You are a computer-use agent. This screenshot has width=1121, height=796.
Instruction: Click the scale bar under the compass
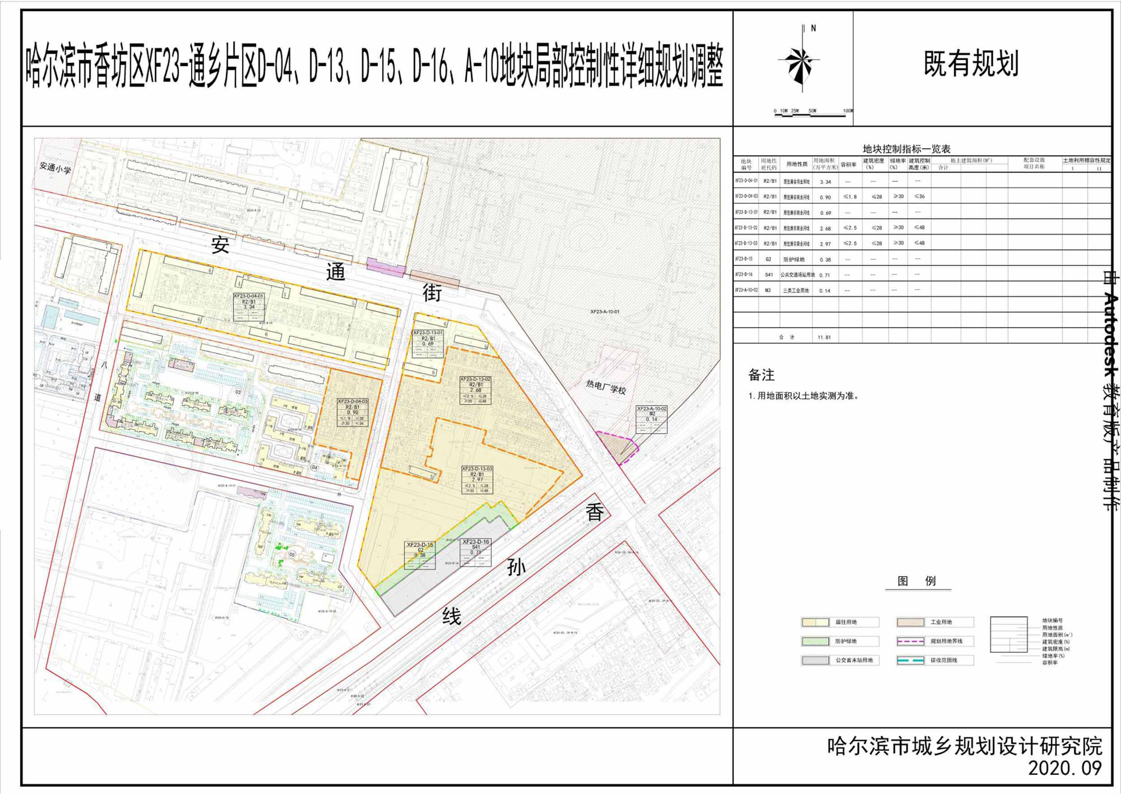click(813, 115)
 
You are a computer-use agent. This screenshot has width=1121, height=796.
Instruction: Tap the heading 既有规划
click(971, 64)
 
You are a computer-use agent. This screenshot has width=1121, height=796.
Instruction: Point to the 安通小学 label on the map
click(55, 168)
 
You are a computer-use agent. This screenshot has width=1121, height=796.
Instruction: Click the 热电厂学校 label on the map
click(606, 386)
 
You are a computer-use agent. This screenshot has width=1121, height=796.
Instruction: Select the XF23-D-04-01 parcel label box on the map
click(248, 307)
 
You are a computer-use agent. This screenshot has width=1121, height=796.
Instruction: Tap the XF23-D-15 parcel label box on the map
click(420, 555)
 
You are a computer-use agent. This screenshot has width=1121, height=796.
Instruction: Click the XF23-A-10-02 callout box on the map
click(651, 419)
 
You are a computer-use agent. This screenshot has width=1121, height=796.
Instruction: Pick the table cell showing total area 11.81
click(825, 337)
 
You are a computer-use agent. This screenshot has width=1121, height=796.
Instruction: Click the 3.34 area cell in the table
click(825, 182)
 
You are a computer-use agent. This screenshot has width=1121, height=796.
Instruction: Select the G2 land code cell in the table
click(768, 259)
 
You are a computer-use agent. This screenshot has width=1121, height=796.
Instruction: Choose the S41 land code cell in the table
click(769, 275)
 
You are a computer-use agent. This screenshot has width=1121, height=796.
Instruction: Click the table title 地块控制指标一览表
click(906, 149)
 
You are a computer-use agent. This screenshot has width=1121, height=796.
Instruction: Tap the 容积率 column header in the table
click(848, 165)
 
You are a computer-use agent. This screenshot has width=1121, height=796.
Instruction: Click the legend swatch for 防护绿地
click(815, 641)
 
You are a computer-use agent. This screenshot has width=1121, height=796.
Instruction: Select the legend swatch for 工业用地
click(910, 622)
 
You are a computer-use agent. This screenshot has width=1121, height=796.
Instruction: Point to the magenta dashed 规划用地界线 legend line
click(910, 641)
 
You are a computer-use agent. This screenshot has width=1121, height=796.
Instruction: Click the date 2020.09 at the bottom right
click(1064, 768)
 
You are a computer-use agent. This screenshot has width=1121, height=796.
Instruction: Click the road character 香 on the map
click(594, 513)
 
